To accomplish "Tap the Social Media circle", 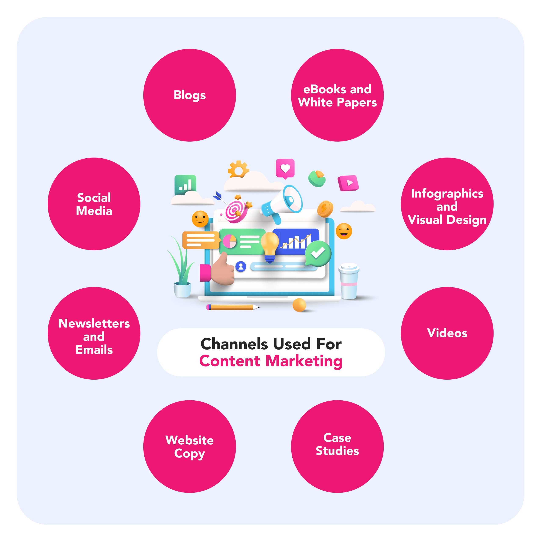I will coord(94,204).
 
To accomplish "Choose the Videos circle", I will coord(447,333).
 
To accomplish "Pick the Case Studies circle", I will coord(337,446).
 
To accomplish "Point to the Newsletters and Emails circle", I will coord(94,333).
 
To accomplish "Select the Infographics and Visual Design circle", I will coord(447,204).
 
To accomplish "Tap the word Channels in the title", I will coord(234,344).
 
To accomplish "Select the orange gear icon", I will coord(238,169).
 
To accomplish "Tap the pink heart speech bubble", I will coord(285,169).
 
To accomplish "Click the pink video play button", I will coord(348,183).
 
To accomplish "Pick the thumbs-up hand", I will coord(223,269).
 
